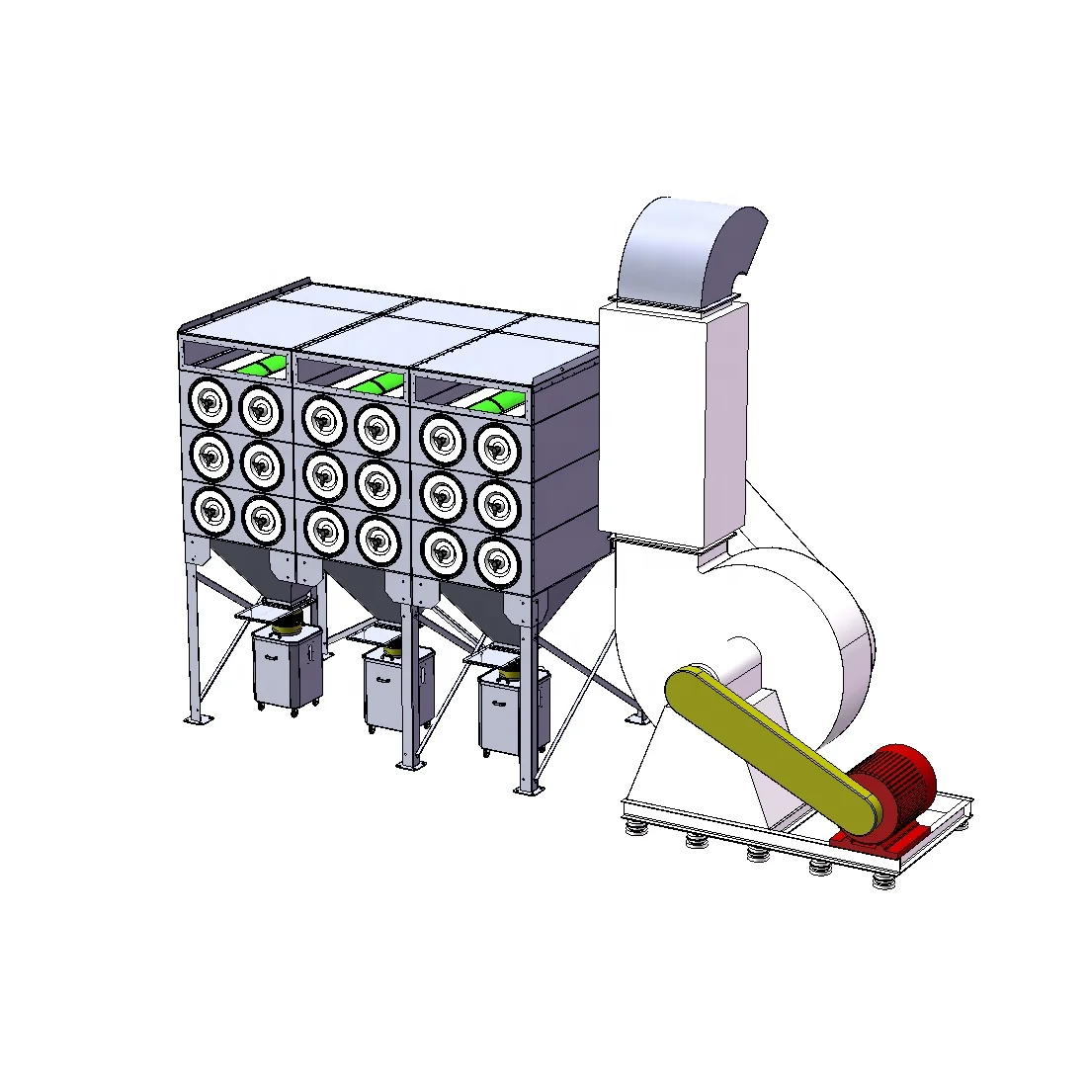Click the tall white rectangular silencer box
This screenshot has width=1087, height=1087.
[672, 425]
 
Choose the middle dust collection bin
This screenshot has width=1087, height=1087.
[398, 687]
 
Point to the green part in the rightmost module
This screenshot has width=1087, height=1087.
[497, 400]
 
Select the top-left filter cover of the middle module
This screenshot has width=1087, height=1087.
[323, 418]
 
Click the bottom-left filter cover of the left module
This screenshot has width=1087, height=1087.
[209, 509]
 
